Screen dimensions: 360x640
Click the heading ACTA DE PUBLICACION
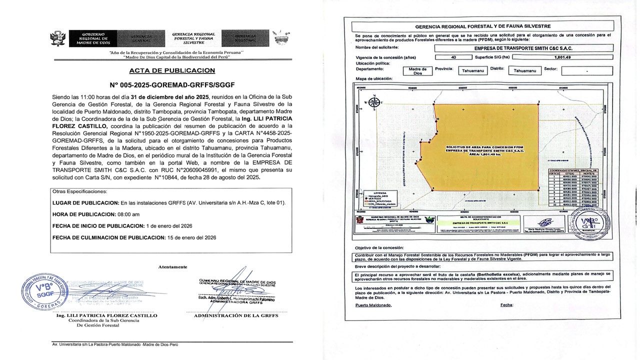click(x=172, y=70)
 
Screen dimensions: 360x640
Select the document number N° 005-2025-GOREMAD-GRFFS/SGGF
click(x=172, y=85)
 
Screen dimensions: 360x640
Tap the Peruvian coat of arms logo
click(x=58, y=38)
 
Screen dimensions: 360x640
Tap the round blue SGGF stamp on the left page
click(x=43, y=292)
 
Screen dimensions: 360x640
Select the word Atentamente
click(x=172, y=267)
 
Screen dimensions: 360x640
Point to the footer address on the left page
click(x=115, y=344)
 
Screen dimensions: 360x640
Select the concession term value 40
click(x=453, y=57)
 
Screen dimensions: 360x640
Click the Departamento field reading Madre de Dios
click(x=417, y=71)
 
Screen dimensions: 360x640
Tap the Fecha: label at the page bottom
click(x=506, y=304)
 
